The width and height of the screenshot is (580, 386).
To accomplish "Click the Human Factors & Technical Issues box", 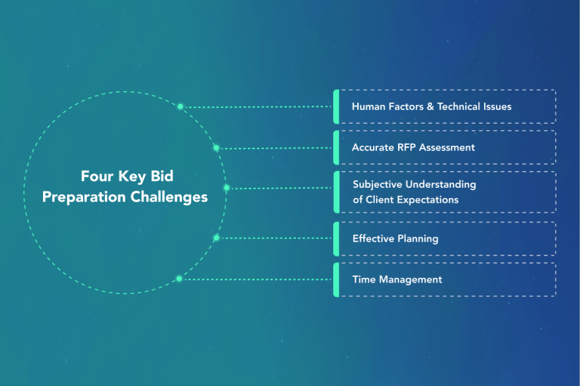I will (x=446, y=106).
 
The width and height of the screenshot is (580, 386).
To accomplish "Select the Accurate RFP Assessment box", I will (x=446, y=148).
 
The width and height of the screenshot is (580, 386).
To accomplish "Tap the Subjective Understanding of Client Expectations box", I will (x=446, y=192).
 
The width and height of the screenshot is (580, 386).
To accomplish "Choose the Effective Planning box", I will (x=446, y=238).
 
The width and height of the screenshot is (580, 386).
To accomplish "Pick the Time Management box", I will (x=446, y=280).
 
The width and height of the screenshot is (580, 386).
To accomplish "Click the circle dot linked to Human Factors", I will (x=180, y=106).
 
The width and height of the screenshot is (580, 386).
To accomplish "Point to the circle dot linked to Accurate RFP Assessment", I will (x=216, y=148).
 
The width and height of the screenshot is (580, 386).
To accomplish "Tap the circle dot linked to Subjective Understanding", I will (x=226, y=188).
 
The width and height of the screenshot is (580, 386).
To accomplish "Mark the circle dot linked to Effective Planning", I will (x=216, y=238).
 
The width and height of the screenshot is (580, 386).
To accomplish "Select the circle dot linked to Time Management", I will (x=179, y=279).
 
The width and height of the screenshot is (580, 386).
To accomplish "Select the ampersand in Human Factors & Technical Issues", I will (x=430, y=106).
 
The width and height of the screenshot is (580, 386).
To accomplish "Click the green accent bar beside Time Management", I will (x=336, y=280).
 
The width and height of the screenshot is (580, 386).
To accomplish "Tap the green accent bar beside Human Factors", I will (x=336, y=106).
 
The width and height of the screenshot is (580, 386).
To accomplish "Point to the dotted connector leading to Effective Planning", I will (x=276, y=238).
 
